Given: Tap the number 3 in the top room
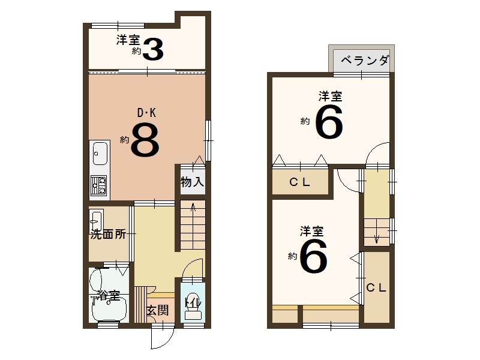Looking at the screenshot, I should click(153, 50).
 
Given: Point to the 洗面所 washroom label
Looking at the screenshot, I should click(109, 235).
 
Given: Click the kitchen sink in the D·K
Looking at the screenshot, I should click(99, 155).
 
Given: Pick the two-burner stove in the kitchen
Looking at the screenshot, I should click(98, 186).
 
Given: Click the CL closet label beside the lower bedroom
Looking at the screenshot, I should click(377, 287).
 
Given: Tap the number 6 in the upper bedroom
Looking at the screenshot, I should click(328, 122).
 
